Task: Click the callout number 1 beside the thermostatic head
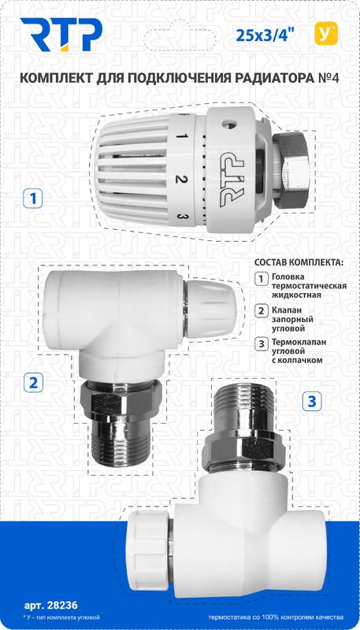(31, 198)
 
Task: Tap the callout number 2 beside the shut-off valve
(32, 384)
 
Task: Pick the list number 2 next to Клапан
(262, 311)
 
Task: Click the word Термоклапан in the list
(301, 343)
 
